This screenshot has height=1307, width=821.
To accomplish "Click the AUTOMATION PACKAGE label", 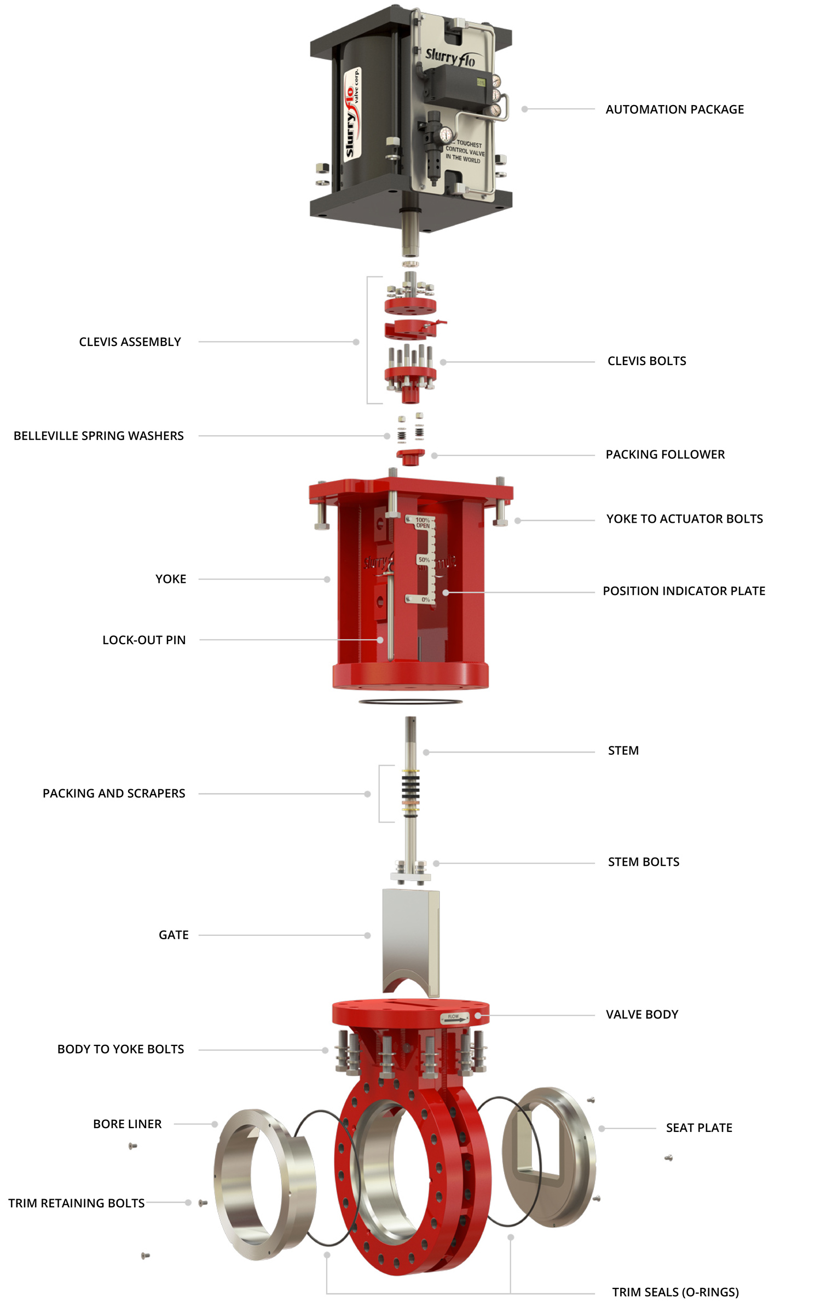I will coord(674,109).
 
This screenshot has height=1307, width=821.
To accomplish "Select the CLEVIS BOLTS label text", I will coord(646,361).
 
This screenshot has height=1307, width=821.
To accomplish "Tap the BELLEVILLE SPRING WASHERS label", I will coord(99,436).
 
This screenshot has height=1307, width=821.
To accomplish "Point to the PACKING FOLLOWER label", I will coord(665,454).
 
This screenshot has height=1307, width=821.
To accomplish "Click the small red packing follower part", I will coord(410,456).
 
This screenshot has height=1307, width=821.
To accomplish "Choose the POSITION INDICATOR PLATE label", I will coord(684,591).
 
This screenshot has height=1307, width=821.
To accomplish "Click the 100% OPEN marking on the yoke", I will coord(423,523).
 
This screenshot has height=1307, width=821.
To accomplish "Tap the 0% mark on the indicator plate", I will coord(425,600).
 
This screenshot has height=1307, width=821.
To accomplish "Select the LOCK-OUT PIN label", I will coord(144,640).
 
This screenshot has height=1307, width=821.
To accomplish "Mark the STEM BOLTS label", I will coord(643,862).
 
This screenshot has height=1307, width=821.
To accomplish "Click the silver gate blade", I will coord(409,936).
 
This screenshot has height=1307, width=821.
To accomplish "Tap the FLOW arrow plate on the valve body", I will coord(455,1018).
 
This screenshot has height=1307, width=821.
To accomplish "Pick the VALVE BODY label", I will coord(641,1015).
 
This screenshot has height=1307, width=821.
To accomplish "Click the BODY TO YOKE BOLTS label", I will coord(120,1049).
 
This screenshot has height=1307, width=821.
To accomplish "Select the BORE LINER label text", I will coord(127,1124).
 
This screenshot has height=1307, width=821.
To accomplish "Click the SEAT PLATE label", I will coord(699,1127).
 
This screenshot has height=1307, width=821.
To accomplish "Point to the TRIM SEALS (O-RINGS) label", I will coord(675,1292).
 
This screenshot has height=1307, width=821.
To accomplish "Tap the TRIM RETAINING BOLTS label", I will coord(76,1203).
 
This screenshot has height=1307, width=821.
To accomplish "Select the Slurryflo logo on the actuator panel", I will coord(450,57).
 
